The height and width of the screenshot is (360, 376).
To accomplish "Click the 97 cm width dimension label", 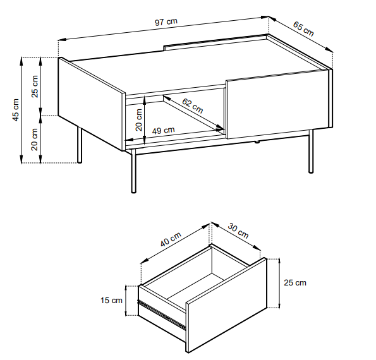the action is click(x=166, y=22).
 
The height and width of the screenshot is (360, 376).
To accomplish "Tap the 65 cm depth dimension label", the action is click(x=303, y=28).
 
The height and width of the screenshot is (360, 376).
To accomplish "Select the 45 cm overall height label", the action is click(x=16, y=110).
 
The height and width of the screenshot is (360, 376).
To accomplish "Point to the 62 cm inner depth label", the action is click(x=193, y=105).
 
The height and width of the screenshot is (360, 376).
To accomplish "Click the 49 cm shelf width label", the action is click(x=163, y=131).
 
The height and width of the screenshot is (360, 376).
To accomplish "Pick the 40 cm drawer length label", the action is click(x=171, y=239).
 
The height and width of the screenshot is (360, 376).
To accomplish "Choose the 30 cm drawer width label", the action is click(x=238, y=231).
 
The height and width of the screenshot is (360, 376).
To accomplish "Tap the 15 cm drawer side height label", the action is click(x=111, y=301).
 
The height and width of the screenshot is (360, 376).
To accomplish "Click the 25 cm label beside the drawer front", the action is click(x=295, y=282).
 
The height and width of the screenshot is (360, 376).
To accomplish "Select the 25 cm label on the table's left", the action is click(x=35, y=87).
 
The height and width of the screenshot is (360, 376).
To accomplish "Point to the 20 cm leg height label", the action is click(x=35, y=139).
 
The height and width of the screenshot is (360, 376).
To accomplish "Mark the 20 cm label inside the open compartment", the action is click(x=139, y=120).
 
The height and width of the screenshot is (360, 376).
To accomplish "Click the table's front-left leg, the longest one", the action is click(x=133, y=171).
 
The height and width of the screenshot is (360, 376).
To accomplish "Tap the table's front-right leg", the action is click(x=311, y=151).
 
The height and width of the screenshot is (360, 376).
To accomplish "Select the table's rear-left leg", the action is click(x=80, y=145).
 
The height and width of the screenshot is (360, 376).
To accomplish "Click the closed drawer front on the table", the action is click(x=277, y=104).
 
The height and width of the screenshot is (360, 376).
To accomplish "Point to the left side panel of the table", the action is click(x=92, y=104).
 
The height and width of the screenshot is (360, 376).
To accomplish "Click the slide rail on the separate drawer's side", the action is click(x=162, y=315).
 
